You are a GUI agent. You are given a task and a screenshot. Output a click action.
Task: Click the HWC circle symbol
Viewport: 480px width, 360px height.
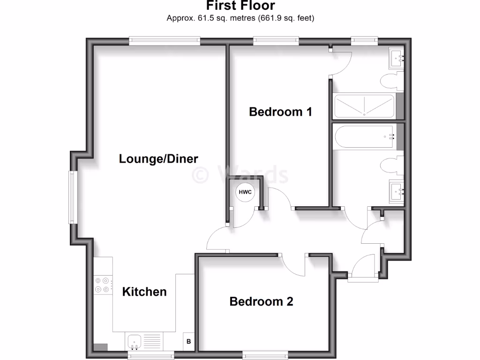[x=245, y=192]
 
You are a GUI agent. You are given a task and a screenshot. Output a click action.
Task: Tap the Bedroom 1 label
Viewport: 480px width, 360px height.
[x=280, y=112]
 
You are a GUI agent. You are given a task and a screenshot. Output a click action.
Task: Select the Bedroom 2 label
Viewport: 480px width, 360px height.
[x=261, y=301]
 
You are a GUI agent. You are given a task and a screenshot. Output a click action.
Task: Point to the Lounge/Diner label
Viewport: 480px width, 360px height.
[x=158, y=158]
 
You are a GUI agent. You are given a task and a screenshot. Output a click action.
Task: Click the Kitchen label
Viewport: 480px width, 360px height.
[x=144, y=292]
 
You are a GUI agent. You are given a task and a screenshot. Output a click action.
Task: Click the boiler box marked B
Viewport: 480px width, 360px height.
[x=189, y=341]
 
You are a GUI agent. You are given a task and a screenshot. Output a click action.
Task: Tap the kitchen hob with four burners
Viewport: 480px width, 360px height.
[x=103, y=285]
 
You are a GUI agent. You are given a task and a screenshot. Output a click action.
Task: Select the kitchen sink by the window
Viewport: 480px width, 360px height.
[x=135, y=342]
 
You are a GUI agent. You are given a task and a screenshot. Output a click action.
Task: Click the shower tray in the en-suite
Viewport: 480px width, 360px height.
[x=364, y=106]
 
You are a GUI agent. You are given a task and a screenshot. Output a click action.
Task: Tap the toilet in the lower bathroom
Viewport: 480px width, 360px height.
[x=390, y=166]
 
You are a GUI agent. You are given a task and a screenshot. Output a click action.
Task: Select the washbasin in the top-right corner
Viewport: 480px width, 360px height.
[x=397, y=59]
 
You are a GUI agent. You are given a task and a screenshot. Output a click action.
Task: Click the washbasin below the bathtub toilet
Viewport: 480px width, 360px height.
[x=397, y=191]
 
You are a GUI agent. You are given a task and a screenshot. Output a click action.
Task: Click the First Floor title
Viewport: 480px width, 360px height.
[x=240, y=6]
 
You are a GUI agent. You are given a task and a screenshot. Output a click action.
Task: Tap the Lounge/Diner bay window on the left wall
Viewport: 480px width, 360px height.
[x=72, y=197]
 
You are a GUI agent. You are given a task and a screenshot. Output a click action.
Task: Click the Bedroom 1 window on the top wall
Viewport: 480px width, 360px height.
[x=276, y=41]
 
